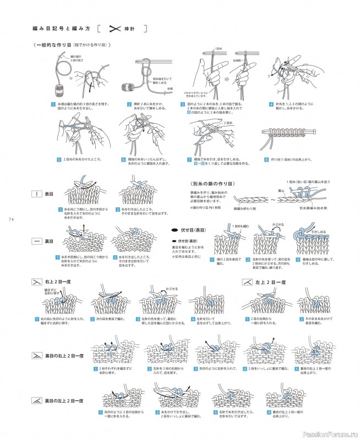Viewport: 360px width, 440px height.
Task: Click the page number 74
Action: (10, 220)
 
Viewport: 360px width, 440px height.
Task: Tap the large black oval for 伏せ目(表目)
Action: (174, 231)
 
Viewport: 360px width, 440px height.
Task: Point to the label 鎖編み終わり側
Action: (244, 209)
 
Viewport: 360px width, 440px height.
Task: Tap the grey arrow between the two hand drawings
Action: (226, 79)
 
